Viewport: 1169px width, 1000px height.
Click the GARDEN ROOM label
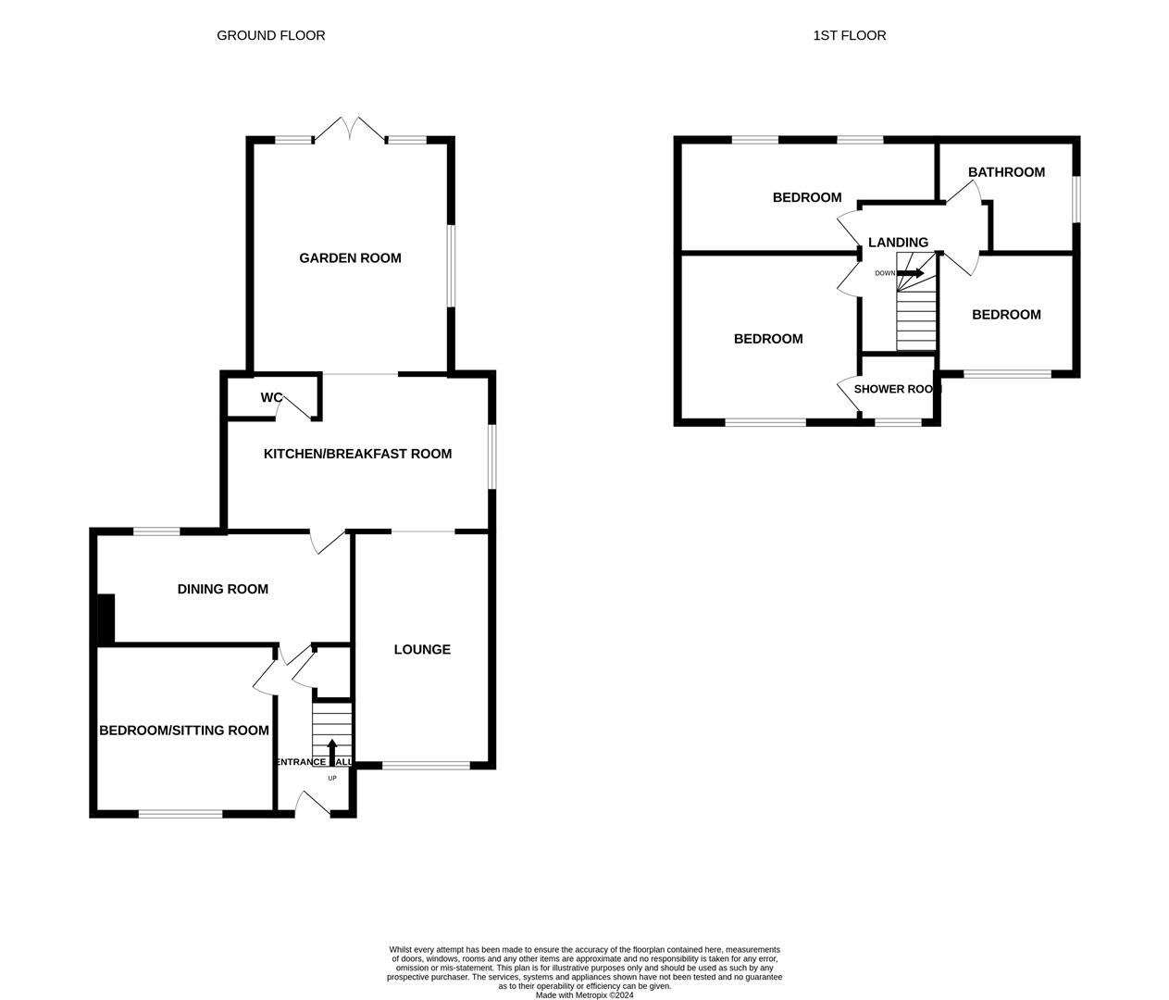(x=350, y=258)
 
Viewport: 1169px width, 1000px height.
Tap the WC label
(x=271, y=398)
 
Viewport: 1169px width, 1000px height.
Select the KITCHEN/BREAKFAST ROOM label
(x=357, y=454)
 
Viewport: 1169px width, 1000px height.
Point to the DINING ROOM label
(x=222, y=589)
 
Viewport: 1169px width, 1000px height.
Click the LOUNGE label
(x=422, y=650)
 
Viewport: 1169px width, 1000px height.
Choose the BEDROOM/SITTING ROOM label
(x=184, y=731)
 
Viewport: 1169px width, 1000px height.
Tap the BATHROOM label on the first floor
(x=1006, y=172)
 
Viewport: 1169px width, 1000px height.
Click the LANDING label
(x=898, y=243)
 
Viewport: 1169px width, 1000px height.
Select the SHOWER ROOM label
(x=896, y=389)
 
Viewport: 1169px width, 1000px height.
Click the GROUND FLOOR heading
(x=271, y=35)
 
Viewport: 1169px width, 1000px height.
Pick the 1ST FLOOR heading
(x=849, y=35)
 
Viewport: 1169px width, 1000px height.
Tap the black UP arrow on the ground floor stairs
(x=332, y=750)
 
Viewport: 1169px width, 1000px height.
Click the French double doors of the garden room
(x=351, y=130)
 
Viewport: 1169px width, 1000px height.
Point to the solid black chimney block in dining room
(x=105, y=619)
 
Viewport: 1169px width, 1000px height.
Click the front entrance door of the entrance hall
(x=313, y=805)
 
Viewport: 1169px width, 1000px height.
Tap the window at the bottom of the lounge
(x=426, y=766)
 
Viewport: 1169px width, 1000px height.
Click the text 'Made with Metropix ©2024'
(x=584, y=995)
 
